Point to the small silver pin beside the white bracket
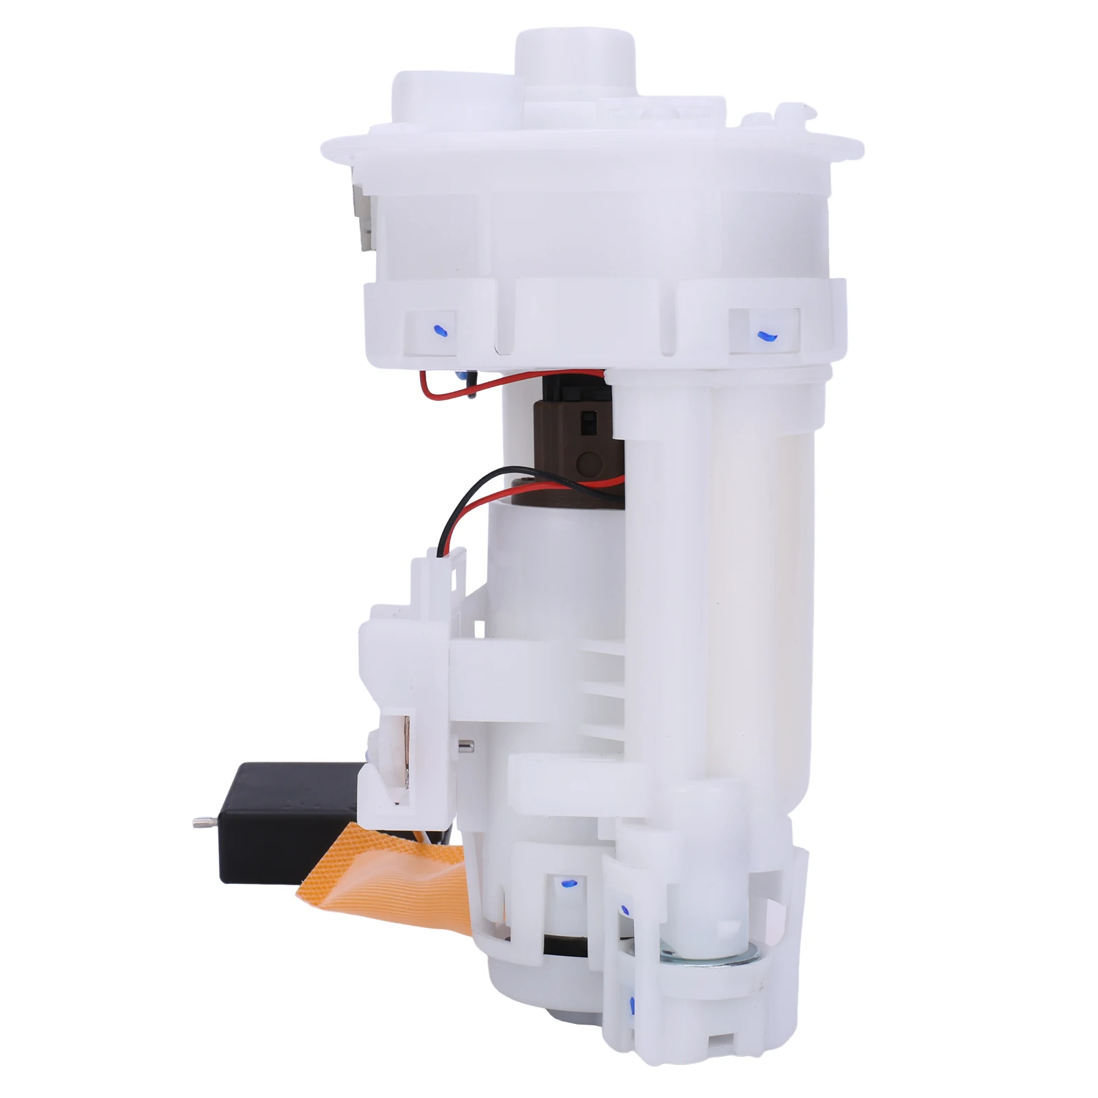pos(464,745)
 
